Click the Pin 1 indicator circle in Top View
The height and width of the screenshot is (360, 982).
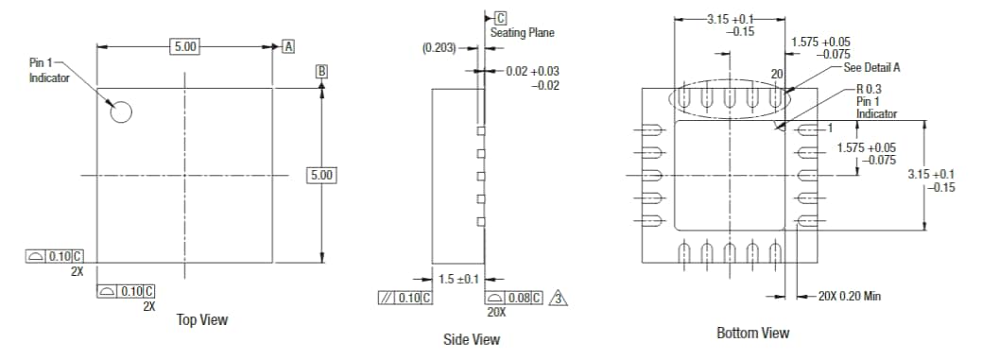tap(120, 111)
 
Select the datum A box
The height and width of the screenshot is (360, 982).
tap(288, 46)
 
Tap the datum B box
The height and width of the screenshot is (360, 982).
tap(322, 71)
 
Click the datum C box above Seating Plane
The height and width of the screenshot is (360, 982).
tap(500, 18)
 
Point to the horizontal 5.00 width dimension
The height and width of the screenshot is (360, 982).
tap(183, 46)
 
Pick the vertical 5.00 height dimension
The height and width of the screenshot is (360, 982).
tap(322, 176)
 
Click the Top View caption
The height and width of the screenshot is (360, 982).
tap(202, 320)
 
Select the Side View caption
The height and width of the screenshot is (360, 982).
tap(472, 339)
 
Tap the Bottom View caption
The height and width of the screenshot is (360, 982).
tap(752, 333)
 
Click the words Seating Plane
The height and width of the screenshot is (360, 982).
tap(522, 33)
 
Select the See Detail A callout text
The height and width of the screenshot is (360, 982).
tap(870, 67)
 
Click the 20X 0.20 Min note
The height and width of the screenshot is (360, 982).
tap(851, 297)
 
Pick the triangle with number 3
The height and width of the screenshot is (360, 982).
tap(560, 298)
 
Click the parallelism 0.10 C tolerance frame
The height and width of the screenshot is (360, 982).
tap(405, 298)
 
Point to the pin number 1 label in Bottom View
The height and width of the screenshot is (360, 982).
tap(828, 128)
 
